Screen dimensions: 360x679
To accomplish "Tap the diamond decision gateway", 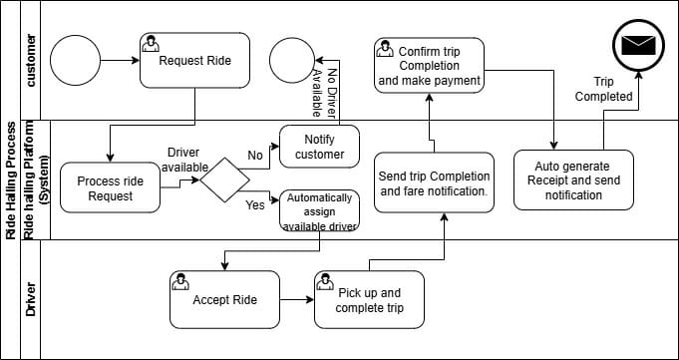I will pos(223,180).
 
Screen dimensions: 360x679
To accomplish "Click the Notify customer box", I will pos(319,147).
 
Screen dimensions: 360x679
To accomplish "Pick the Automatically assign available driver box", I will pos(319,210).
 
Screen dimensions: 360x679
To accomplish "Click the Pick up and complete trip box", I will pos(368,299).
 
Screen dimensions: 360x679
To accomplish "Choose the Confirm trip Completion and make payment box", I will pos(429,65).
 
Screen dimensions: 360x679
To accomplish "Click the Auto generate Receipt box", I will pos(573,180).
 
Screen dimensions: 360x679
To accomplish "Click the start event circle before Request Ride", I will pos(74,61).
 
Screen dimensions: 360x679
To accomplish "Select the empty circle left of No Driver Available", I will pos(292,60).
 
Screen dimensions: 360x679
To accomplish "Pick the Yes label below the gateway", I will pos(255,205).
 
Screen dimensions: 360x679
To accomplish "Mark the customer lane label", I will pos(32,60).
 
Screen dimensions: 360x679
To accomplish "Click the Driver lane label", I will pos(32,299).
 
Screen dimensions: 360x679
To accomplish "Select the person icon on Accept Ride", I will pos(181,282).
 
